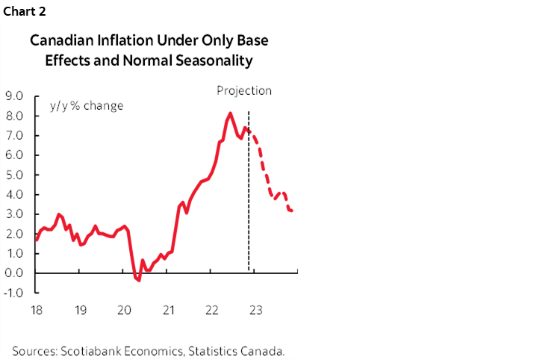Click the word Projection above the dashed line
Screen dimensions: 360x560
[244, 91]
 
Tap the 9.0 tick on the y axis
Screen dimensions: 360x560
[14, 96]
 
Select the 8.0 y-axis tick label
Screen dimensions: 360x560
[14, 116]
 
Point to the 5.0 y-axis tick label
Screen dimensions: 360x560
[14, 175]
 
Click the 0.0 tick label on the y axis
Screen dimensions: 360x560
[14, 273]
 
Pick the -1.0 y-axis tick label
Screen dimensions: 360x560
[13, 293]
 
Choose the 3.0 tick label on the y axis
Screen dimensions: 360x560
[14, 214]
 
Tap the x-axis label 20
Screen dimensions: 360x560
[125, 310]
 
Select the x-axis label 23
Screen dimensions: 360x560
[255, 310]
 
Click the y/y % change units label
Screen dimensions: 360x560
[86, 105]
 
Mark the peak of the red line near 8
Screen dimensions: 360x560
[230, 114]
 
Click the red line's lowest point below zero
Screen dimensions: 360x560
[137, 280]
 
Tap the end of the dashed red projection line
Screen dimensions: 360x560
[292, 211]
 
